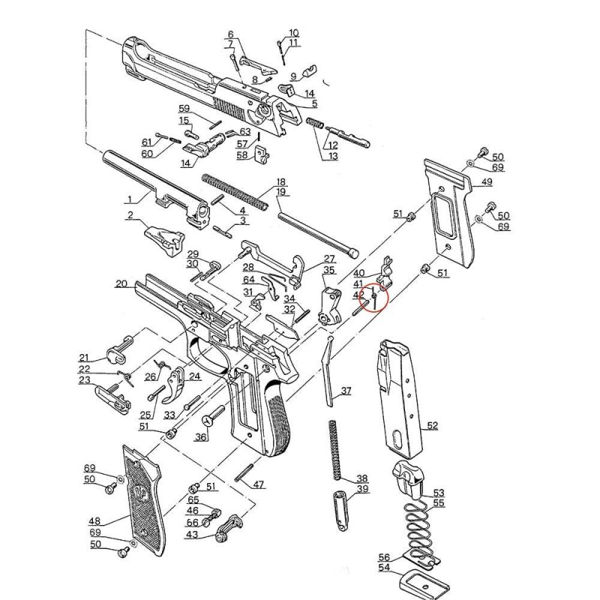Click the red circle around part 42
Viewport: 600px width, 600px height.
coord(373,298)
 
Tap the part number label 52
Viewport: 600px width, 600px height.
coord(432,425)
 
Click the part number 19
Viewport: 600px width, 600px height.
coord(282,193)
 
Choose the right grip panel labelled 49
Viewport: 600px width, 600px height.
coord(450,217)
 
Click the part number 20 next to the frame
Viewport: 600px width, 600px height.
coord(121,284)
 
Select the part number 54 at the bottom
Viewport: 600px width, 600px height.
coord(384,568)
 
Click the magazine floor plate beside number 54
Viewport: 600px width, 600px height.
coord(421,580)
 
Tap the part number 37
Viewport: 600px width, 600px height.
coord(346,391)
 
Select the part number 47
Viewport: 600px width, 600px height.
coord(259,484)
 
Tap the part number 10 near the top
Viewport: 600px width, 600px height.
coord(293,33)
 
